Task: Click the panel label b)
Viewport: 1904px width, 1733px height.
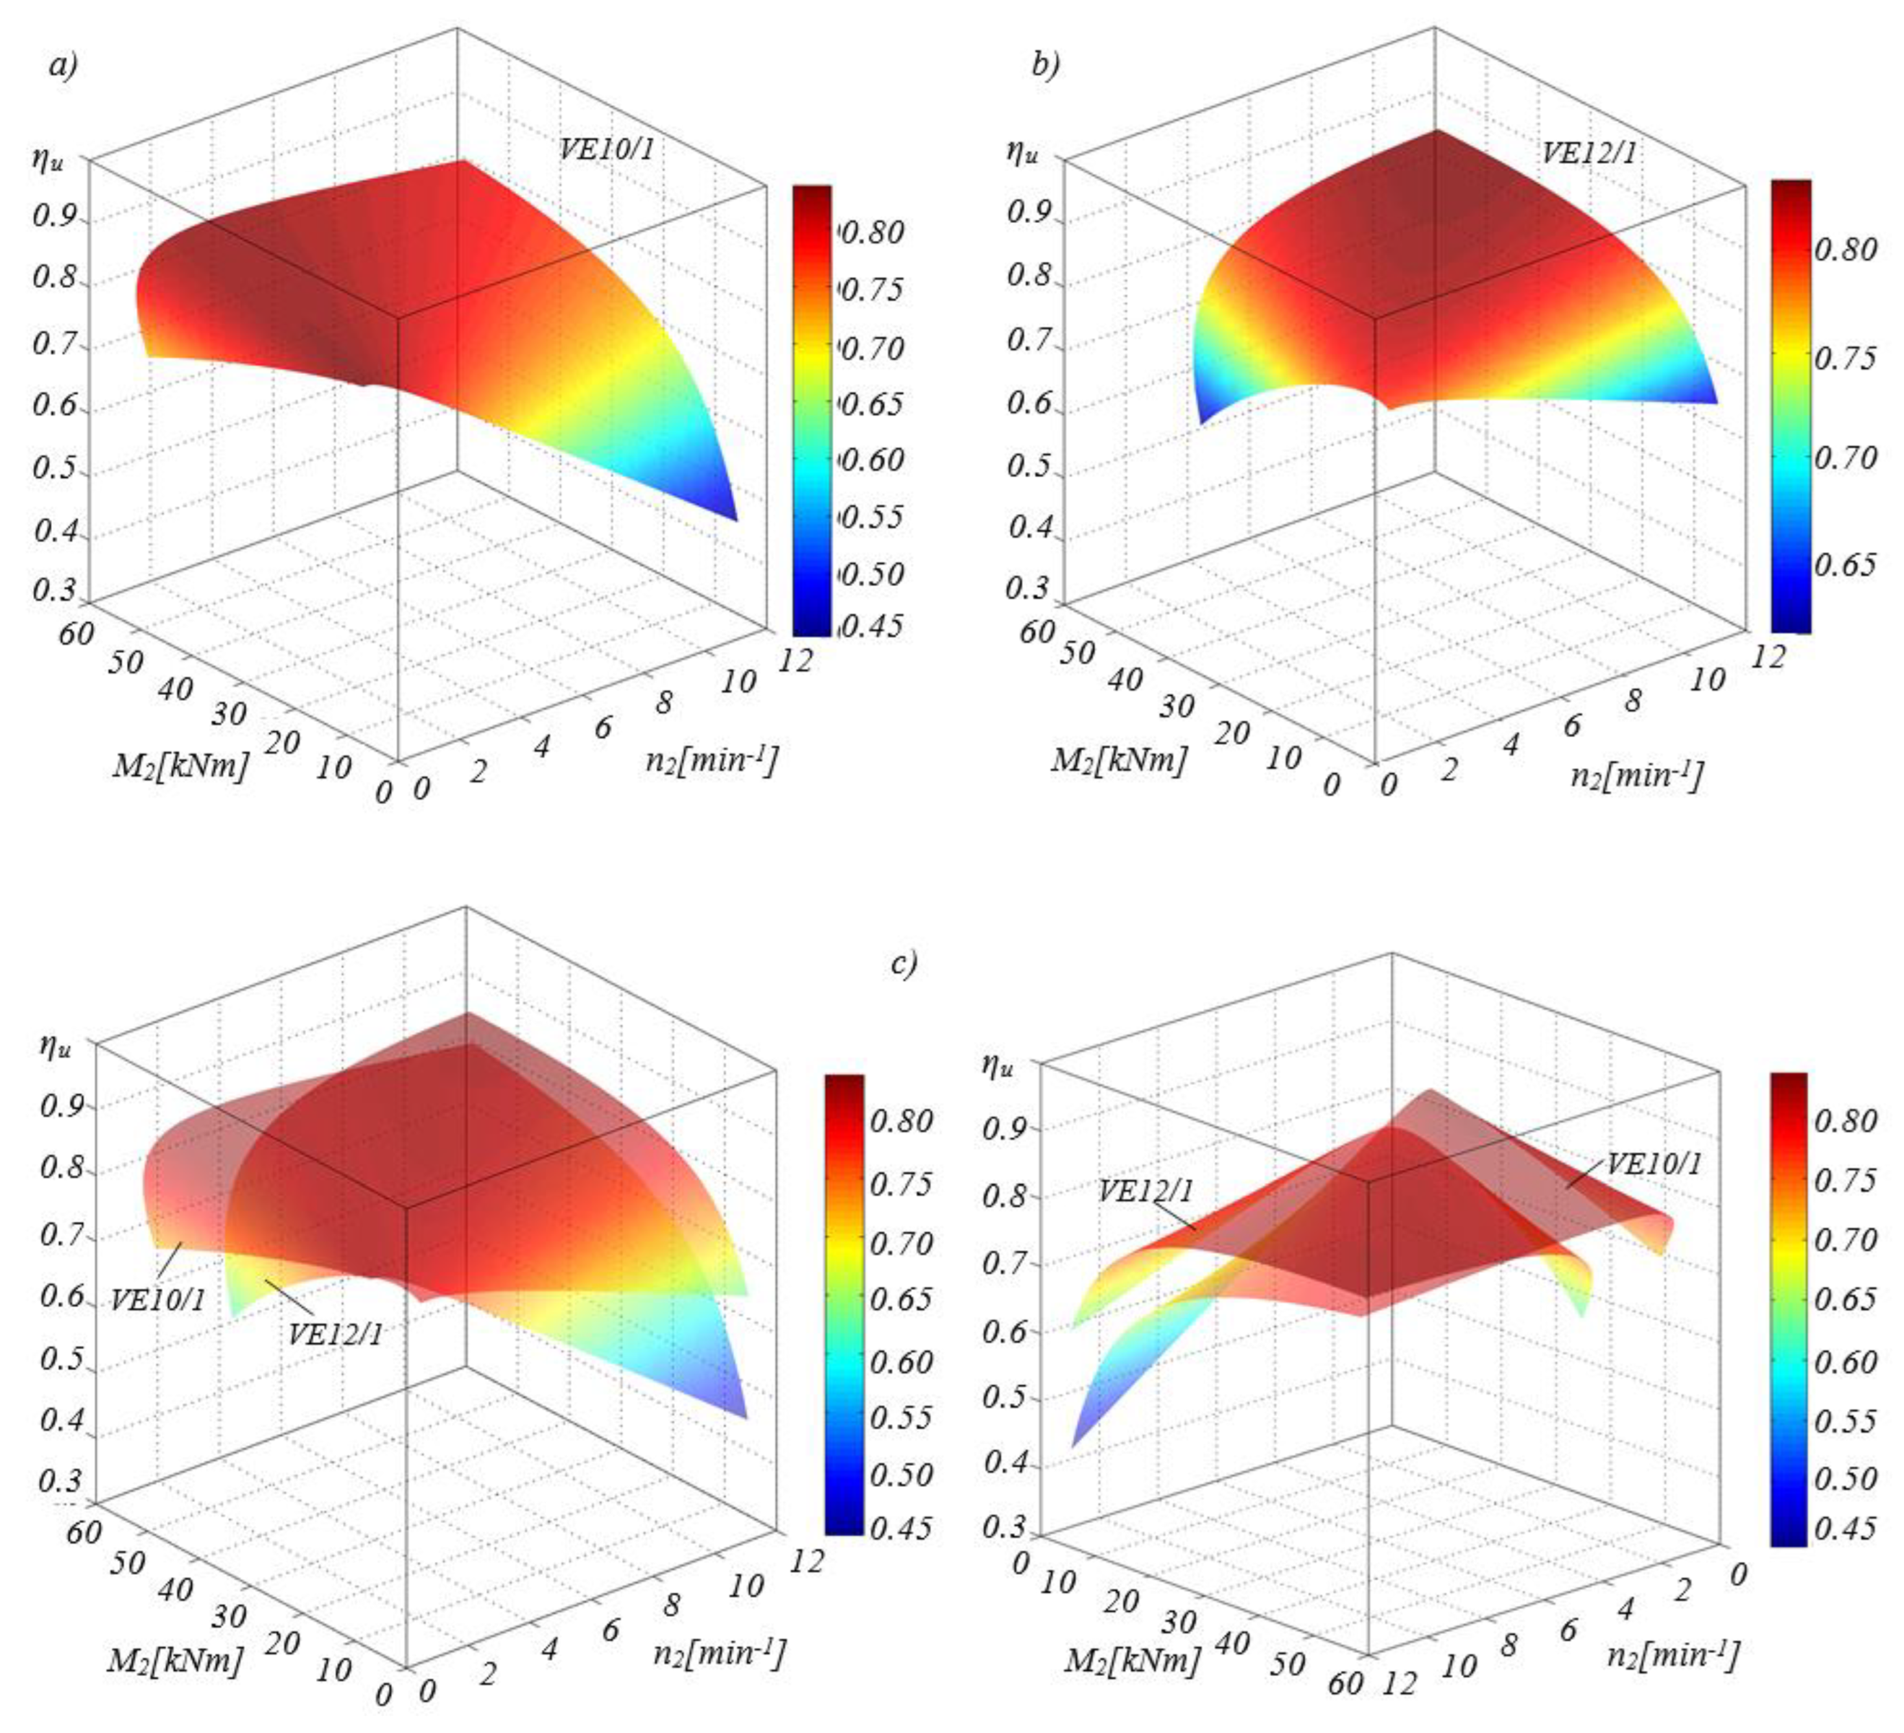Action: coord(1046,65)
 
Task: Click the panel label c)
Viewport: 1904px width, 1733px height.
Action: coord(904,963)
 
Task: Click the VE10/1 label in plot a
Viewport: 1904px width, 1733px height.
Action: coord(605,149)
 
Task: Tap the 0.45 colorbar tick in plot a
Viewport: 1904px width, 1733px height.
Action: coord(870,625)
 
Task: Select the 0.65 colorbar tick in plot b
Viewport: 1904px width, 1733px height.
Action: coord(1844,564)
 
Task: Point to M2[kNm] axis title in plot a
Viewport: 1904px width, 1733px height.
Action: coord(180,764)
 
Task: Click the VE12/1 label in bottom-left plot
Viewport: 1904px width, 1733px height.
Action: coord(335,1334)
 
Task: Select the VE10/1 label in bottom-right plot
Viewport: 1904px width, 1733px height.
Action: coord(1654,1164)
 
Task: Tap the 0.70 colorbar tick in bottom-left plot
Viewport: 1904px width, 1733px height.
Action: coord(900,1243)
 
